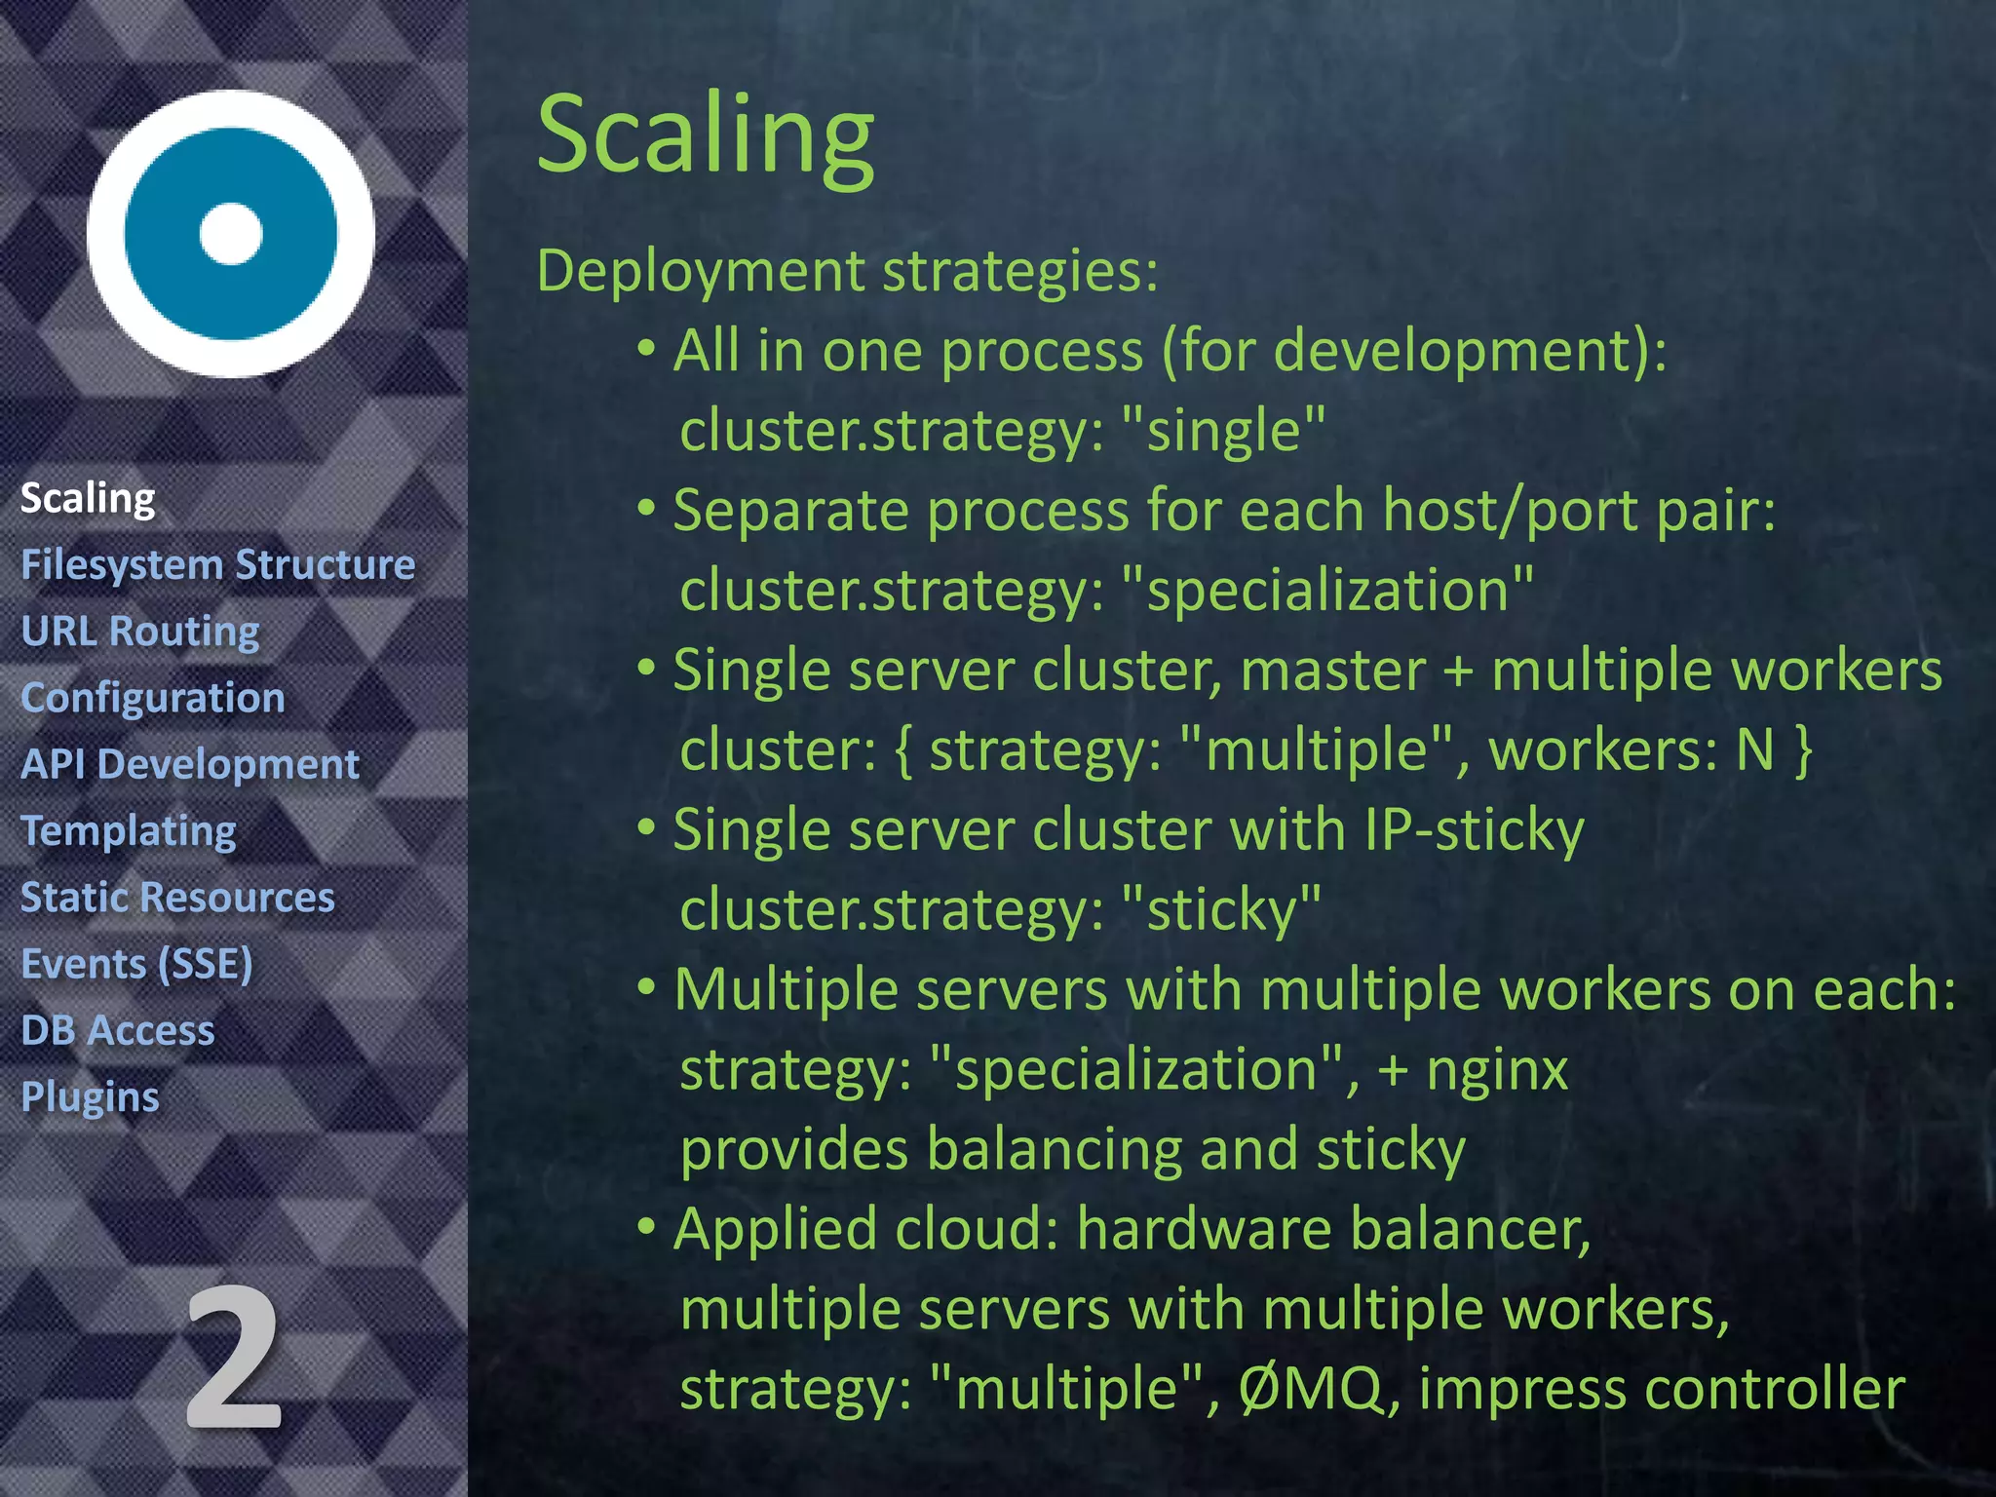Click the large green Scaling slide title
point(706,134)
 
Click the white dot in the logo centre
point(231,234)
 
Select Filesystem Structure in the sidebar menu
point(218,565)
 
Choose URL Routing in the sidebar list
point(140,632)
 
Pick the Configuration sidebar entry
point(153,698)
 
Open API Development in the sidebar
point(190,764)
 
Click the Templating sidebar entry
point(129,831)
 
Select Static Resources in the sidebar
point(177,898)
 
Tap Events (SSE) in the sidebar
point(136,964)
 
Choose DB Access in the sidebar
point(118,1030)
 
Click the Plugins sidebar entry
point(90,1097)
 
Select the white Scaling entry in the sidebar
point(88,498)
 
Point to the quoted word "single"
point(1223,431)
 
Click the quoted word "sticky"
point(1221,910)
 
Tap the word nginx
point(1497,1070)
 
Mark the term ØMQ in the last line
point(1310,1389)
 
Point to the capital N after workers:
point(1755,750)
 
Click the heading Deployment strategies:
point(847,271)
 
